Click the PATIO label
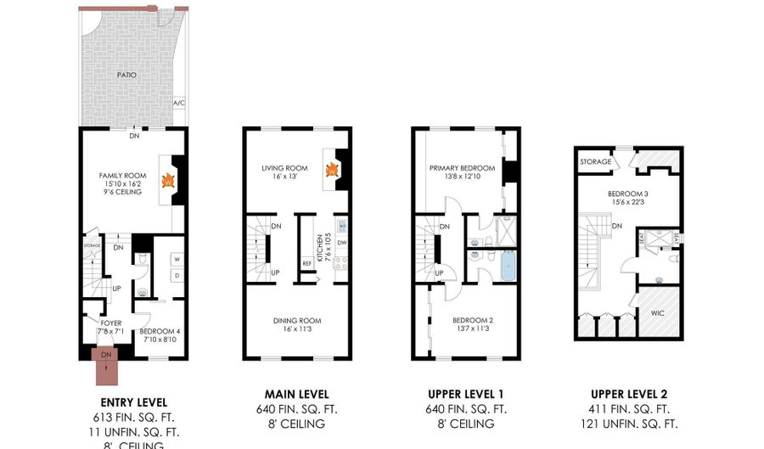[126, 76]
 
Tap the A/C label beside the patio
[178, 103]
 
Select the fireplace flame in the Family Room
[168, 181]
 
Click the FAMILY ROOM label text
[117, 176]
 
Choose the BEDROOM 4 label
[159, 331]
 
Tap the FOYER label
[111, 323]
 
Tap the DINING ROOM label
[296, 320]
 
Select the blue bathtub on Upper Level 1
[507, 267]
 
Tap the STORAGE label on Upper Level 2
[596, 161]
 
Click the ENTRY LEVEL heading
[133, 401]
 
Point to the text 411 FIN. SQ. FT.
[628, 408]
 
